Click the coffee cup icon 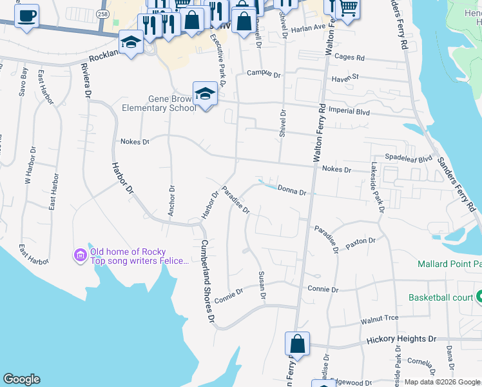[26, 16]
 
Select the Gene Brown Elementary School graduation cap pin [205, 94]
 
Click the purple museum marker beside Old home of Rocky [81, 256]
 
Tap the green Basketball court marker [479, 297]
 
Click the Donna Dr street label [291, 191]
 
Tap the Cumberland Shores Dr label [206, 281]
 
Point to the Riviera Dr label [85, 82]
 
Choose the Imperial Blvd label [350, 112]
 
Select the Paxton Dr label [360, 241]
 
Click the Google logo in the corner [21, 379]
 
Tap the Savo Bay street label [24, 83]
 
